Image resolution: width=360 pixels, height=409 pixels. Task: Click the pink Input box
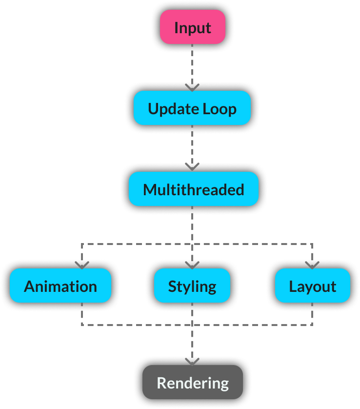click(x=193, y=27)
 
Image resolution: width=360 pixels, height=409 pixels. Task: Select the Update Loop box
click(x=192, y=108)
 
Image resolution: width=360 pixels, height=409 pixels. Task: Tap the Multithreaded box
click(x=193, y=189)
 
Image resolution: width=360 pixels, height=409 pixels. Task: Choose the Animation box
click(x=60, y=286)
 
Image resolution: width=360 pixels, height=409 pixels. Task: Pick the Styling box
click(x=192, y=286)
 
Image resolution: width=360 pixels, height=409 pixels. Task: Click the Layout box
click(x=312, y=286)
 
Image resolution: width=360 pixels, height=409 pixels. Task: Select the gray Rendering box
click(x=193, y=382)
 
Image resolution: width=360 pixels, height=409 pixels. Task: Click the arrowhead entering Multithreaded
click(x=192, y=167)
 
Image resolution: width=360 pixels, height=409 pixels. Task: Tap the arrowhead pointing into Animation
click(x=81, y=265)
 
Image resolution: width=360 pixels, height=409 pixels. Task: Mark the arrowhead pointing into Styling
click(x=192, y=265)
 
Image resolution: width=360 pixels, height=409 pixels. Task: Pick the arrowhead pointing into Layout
click(x=312, y=265)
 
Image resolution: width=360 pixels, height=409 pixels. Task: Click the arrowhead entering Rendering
click(x=192, y=362)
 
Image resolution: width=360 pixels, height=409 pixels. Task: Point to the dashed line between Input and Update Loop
click(x=192, y=63)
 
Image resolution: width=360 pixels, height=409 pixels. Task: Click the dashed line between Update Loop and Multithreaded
click(x=192, y=144)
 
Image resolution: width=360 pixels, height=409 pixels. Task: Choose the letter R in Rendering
click(x=161, y=383)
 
